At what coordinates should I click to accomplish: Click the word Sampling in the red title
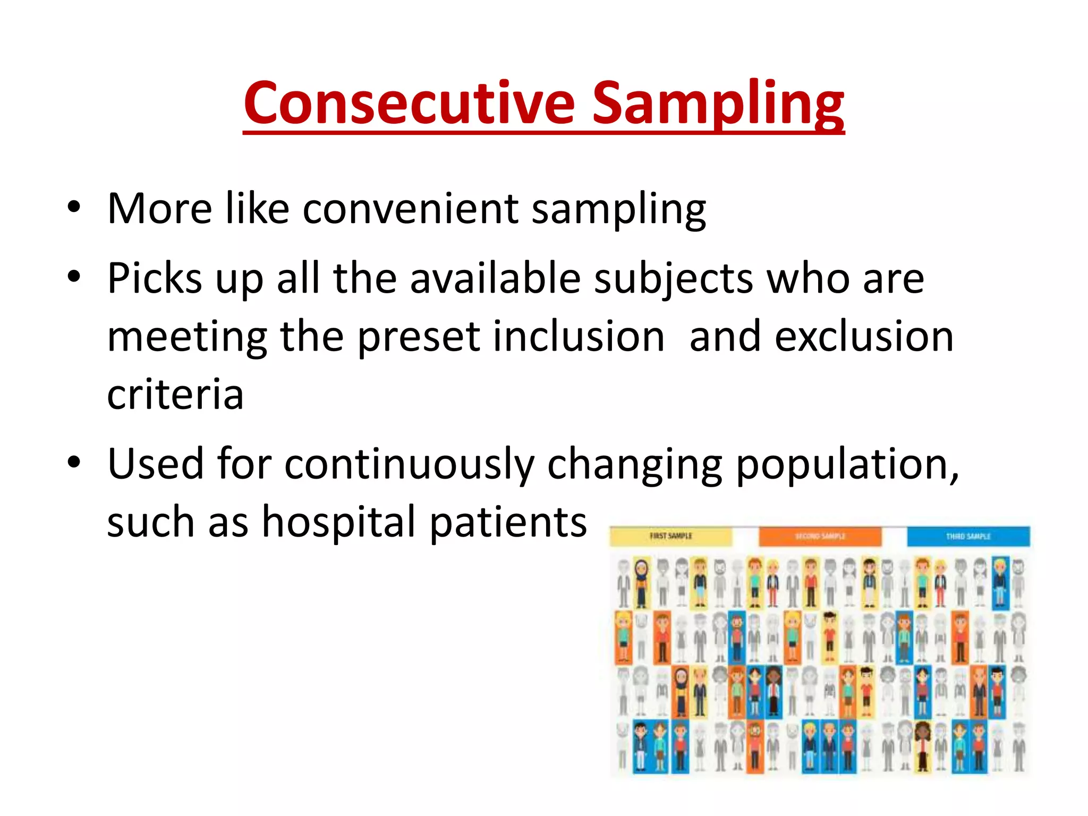(x=717, y=104)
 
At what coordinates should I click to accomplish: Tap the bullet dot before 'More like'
(x=74, y=207)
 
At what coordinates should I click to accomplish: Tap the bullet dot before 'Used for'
(x=74, y=462)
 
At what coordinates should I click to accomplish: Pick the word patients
(x=508, y=523)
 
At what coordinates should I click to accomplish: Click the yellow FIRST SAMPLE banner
(x=670, y=536)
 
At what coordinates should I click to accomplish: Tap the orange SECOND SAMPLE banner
(x=820, y=536)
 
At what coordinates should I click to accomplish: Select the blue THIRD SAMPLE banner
(x=968, y=536)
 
